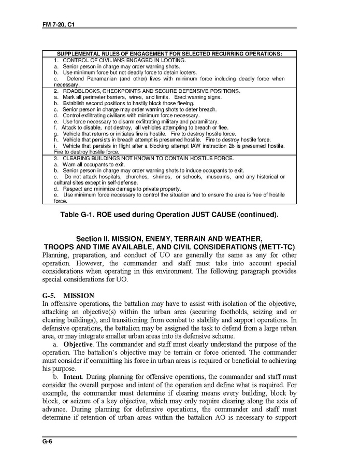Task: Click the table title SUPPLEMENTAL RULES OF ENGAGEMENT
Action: click(x=169, y=54)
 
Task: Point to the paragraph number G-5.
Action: click(x=52, y=295)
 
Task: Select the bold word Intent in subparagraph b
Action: click(x=73, y=377)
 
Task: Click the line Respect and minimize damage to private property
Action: click(x=122, y=189)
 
